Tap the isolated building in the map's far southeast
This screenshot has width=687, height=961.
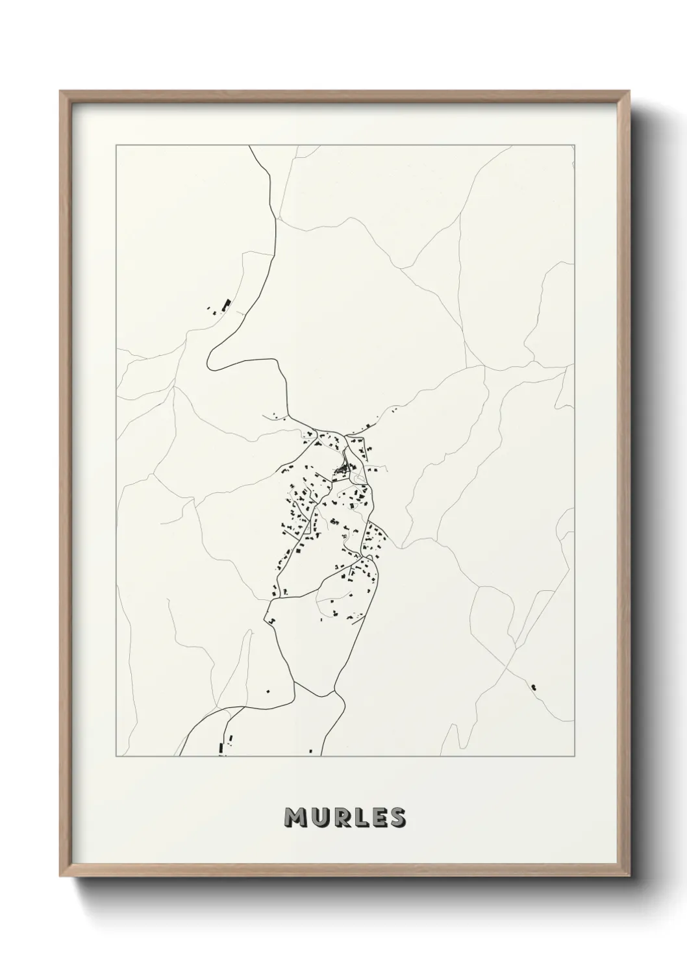(534, 686)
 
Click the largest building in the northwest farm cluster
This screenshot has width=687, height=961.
(227, 304)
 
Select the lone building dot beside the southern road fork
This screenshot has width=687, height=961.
(269, 690)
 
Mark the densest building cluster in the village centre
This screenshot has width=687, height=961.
(342, 469)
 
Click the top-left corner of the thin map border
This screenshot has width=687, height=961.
(116, 145)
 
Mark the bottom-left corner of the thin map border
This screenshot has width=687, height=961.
(116, 756)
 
